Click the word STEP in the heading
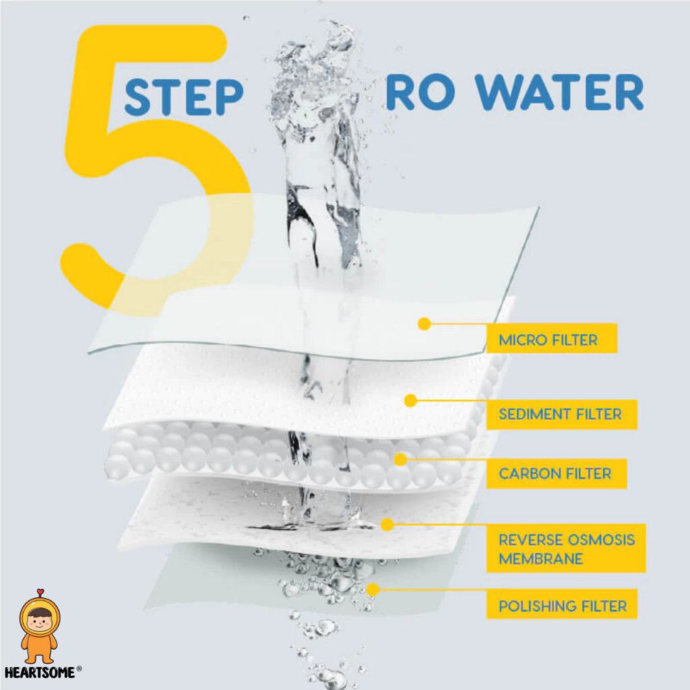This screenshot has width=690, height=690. coord(184,98)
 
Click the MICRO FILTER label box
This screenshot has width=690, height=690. coord(551,338)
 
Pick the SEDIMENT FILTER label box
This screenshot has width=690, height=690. coord(561,414)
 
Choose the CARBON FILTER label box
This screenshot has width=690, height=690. coord(556,474)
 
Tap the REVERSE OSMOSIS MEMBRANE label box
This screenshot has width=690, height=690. coord(566,548)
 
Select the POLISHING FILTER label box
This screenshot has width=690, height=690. coord(562,606)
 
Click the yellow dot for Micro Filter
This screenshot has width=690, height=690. coord(425,324)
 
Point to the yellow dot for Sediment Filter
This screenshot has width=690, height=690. coord(410,400)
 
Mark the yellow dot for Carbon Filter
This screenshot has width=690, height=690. coord(400,460)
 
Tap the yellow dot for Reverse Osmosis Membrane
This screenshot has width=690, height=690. coord(387,524)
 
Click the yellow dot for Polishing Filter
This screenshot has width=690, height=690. coord(373,589)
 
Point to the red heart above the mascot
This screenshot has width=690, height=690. coord(40,592)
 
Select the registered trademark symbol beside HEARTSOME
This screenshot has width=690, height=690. coord(80,669)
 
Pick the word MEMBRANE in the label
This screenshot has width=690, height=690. coord(541,559)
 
